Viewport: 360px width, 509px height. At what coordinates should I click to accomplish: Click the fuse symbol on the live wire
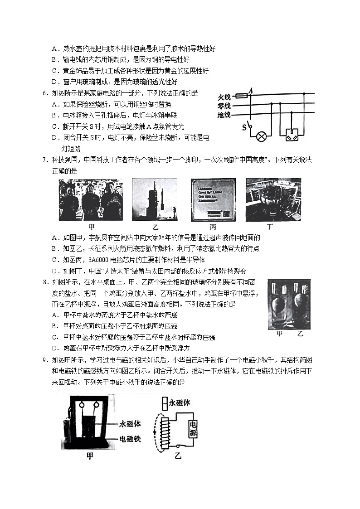tap(242, 96)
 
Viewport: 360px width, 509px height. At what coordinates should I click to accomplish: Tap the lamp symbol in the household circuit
tap(261, 136)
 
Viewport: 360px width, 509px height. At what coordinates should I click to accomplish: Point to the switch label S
tap(244, 127)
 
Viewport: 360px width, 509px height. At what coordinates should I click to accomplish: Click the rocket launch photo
tap(154, 199)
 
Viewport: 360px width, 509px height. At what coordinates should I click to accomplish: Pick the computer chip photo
tap(213, 199)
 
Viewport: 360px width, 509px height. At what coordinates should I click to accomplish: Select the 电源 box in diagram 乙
tap(193, 427)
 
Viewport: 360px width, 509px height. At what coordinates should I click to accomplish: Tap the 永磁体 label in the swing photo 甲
tap(129, 425)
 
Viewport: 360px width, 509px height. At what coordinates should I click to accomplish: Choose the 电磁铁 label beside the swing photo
tap(129, 439)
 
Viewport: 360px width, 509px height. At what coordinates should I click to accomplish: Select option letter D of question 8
tap(54, 348)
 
